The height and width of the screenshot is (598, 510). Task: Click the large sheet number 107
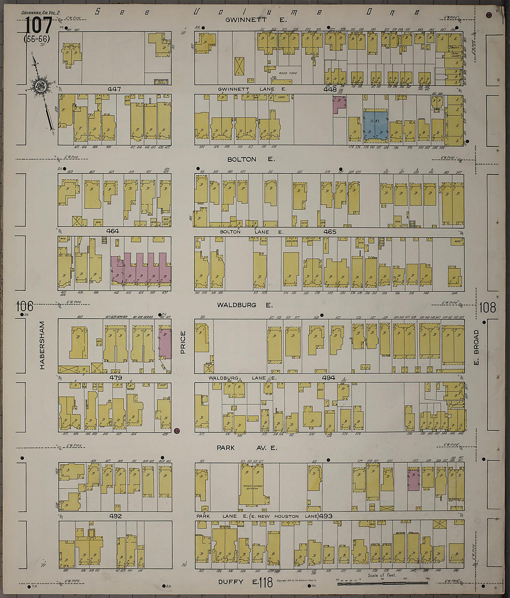point(38,26)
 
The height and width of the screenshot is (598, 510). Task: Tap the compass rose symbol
point(39,86)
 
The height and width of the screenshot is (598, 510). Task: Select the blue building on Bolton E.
point(375,125)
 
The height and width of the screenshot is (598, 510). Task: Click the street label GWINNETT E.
point(256,20)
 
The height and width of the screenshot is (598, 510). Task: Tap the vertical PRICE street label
point(183,342)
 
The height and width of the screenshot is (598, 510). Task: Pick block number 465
point(330,232)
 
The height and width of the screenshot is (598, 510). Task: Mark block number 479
point(115,378)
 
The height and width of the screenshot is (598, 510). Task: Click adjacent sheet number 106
point(24,306)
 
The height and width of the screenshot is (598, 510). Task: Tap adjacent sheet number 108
point(487,307)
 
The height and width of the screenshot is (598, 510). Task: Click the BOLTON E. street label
point(251,159)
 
